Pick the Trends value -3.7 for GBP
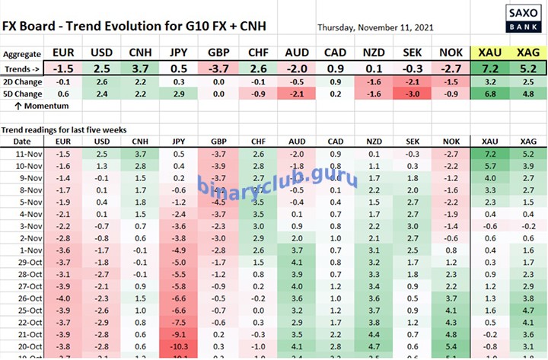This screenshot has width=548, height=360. (x=218, y=68)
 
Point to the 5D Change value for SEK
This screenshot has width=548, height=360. (x=412, y=95)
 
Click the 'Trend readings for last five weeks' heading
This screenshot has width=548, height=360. (x=65, y=130)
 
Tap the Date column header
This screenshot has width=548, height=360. (x=22, y=142)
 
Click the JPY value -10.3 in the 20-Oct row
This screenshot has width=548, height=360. (x=179, y=346)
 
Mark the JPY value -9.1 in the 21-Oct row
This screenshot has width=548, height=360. (x=179, y=334)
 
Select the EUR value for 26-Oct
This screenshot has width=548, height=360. (x=63, y=298)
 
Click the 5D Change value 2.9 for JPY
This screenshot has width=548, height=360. (x=179, y=95)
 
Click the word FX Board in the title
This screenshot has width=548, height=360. (x=31, y=26)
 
